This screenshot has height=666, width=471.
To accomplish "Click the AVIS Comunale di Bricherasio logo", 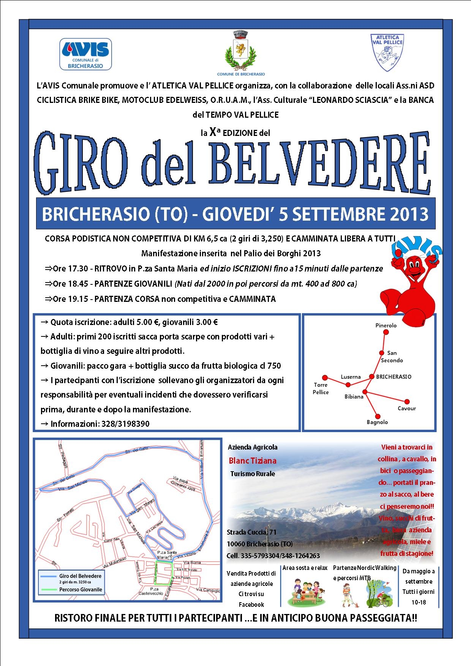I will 85,54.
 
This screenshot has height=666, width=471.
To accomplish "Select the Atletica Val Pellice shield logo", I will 387,52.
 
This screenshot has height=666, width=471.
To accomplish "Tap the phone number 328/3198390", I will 125,424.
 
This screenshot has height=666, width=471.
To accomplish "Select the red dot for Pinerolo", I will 386,332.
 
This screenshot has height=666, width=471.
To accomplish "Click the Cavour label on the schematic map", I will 406,409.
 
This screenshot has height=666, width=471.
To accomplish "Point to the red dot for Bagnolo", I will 377,416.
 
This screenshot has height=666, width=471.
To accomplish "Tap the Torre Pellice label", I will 321,388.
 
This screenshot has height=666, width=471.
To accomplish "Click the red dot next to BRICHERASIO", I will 371,377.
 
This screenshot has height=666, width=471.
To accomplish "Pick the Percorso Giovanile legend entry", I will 81,590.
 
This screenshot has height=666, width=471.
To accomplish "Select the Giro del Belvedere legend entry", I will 80,576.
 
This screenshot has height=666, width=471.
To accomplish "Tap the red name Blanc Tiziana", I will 253,461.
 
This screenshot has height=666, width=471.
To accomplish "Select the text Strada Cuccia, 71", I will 251,532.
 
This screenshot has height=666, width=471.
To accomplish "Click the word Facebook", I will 251,604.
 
